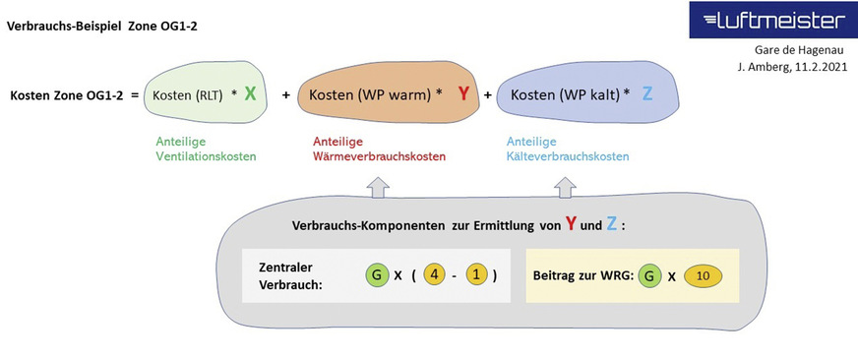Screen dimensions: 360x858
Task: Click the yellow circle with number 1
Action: (x=477, y=275)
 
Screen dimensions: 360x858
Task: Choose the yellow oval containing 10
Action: (x=703, y=275)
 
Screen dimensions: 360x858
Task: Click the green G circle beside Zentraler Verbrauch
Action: (x=376, y=275)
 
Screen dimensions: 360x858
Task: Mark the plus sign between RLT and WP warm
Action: (x=286, y=95)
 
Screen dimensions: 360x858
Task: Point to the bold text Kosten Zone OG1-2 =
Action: (x=74, y=95)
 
